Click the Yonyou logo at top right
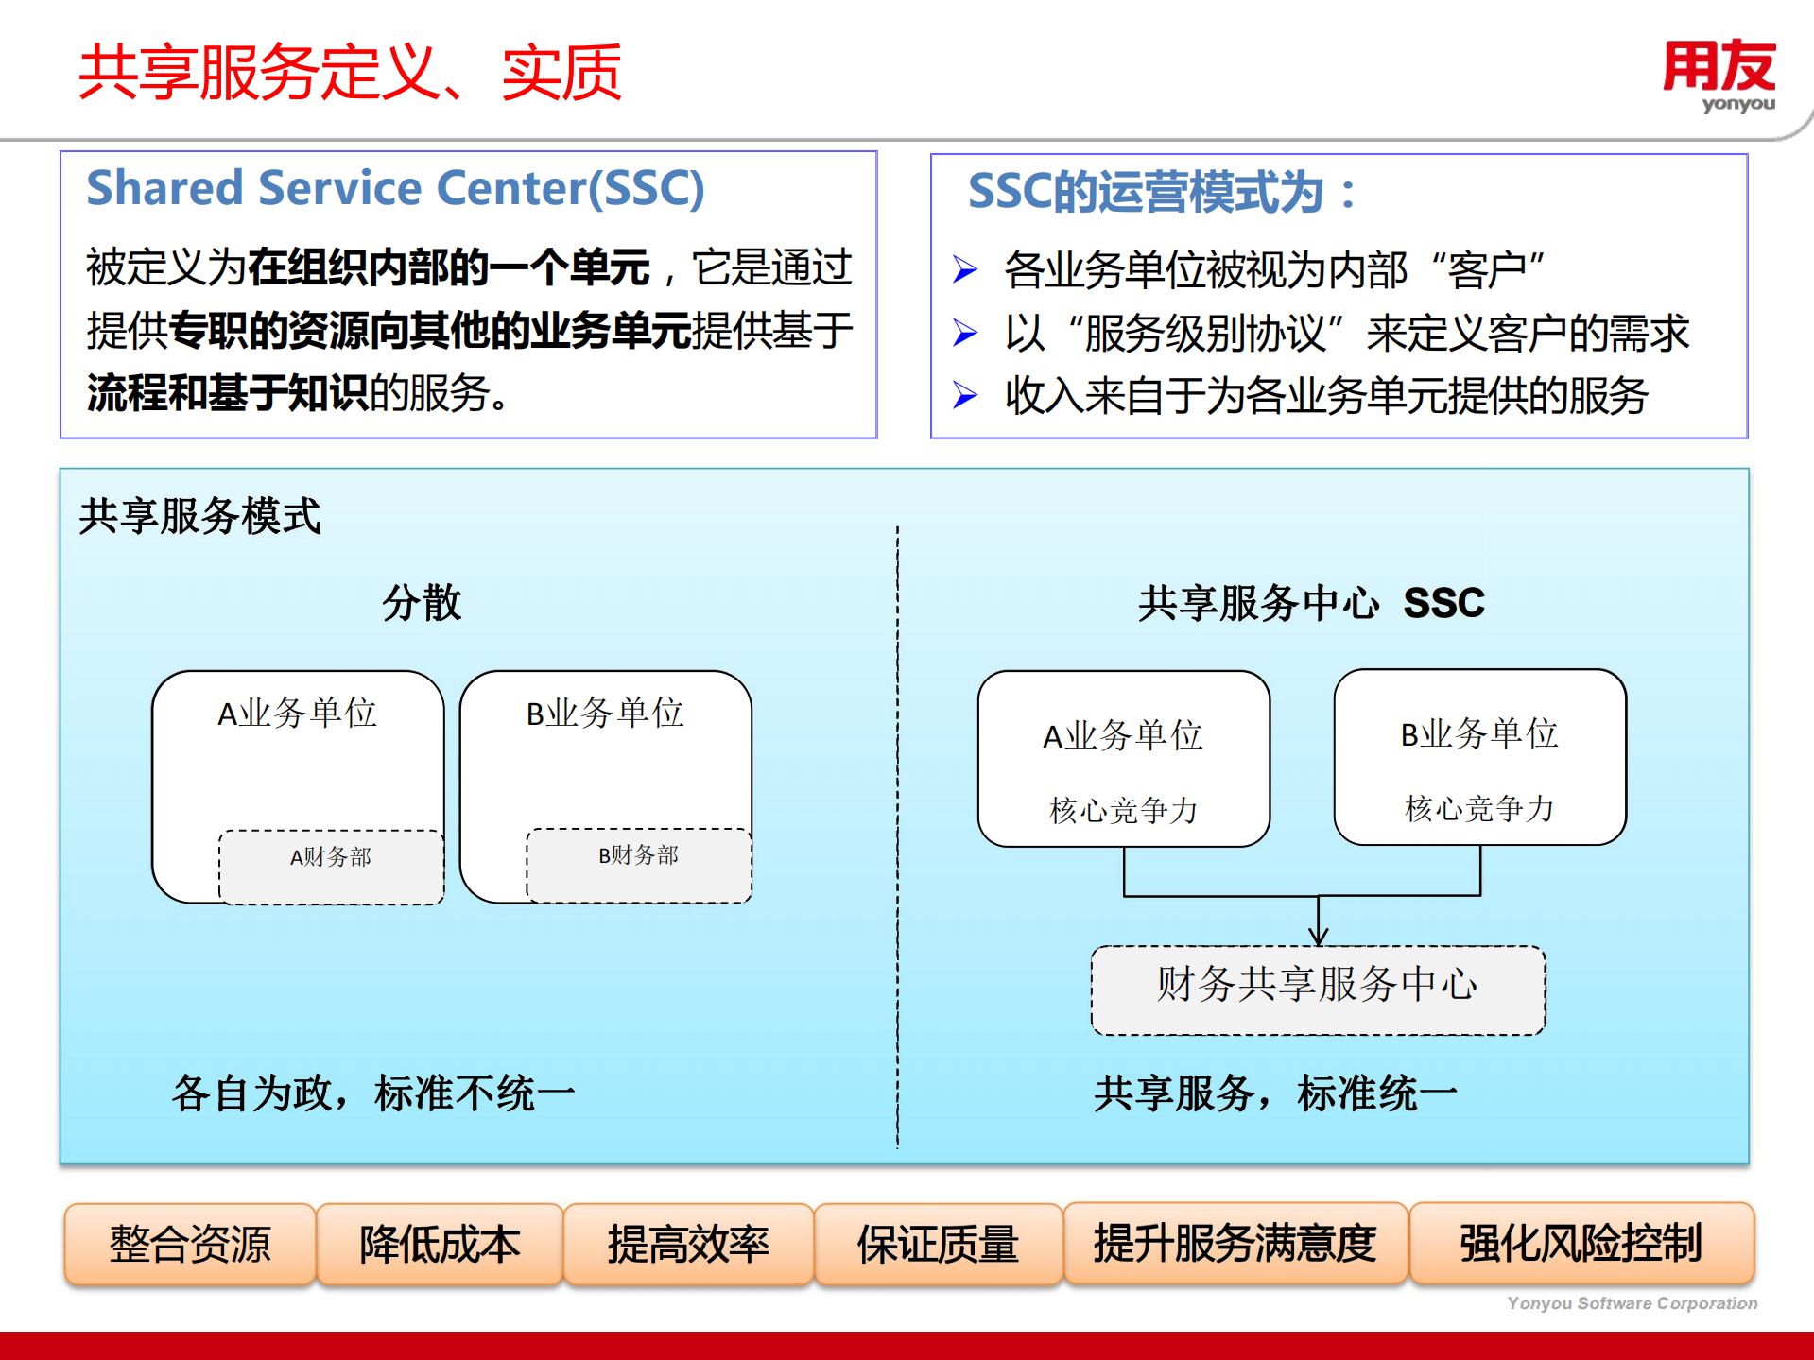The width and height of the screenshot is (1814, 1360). pos(1719,76)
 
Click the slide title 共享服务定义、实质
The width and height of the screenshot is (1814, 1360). pos(350,73)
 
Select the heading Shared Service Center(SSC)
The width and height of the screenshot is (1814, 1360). pos(395,188)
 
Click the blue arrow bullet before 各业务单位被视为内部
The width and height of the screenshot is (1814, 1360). pos(964,270)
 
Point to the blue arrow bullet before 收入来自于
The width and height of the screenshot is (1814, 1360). pos(964,395)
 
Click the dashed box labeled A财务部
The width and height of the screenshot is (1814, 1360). pos(331,866)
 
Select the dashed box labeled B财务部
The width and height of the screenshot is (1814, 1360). pos(638,864)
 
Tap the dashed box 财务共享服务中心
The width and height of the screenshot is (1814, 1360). pos(1318,989)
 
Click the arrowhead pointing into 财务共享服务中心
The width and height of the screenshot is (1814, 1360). pos(1318,937)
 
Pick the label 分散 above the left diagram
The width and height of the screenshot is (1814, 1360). pos(422,602)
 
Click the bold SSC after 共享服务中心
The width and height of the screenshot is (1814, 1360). pos(1443,603)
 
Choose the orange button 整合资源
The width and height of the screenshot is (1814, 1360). pos(190,1243)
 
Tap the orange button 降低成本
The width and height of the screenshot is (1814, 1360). pos(440,1243)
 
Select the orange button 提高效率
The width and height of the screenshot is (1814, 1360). pos(688,1243)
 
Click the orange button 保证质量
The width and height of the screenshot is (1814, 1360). pos(938,1243)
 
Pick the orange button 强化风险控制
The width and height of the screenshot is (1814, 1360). pos(1581,1243)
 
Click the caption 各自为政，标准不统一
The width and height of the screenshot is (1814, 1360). pos(373,1093)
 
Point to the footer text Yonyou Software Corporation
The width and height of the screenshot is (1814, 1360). pos(1632,1303)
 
